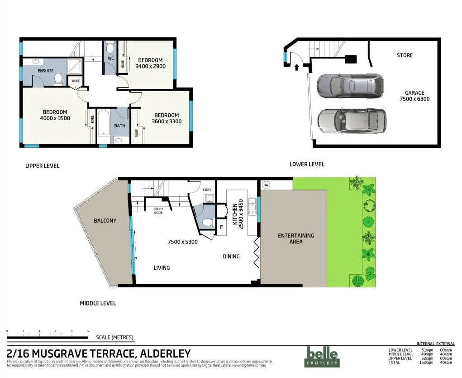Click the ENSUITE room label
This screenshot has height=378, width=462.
click(x=46, y=71)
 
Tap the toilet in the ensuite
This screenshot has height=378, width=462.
click(x=58, y=80)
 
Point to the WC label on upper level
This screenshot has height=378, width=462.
click(x=110, y=58)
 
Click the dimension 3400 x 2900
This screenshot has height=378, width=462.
click(x=150, y=66)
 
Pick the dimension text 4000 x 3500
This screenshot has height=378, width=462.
click(x=55, y=118)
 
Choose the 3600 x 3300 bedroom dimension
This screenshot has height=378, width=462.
click(x=166, y=121)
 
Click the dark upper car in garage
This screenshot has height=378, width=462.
click(x=350, y=85)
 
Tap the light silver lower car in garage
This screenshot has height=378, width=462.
click(x=352, y=121)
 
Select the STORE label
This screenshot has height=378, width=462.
click(x=405, y=55)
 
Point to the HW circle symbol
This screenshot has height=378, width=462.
click(x=266, y=185)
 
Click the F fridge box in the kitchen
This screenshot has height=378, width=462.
click(x=221, y=227)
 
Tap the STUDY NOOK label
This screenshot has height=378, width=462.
click(x=158, y=211)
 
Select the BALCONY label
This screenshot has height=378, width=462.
click(x=105, y=221)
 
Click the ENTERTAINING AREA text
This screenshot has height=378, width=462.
click(x=296, y=238)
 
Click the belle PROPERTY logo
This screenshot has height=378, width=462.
click(x=321, y=356)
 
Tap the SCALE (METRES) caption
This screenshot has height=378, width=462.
click(x=114, y=337)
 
